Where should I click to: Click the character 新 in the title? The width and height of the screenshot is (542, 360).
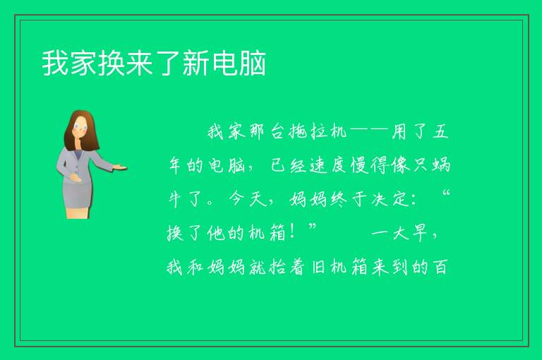click(x=196, y=63)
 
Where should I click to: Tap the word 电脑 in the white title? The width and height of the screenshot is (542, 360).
click(x=239, y=63)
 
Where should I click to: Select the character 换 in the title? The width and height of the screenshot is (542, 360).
click(x=111, y=63)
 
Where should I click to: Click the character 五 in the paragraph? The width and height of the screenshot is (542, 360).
click(x=440, y=131)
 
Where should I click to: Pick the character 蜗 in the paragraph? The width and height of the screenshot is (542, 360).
click(x=441, y=165)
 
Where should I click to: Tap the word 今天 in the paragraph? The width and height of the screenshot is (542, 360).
click(x=248, y=199)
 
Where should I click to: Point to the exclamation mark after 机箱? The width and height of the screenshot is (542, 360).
click(x=293, y=232)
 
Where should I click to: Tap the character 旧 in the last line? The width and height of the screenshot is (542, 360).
click(x=318, y=267)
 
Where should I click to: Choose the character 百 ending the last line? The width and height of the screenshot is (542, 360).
click(x=440, y=267)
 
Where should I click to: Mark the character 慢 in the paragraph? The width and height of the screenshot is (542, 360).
click(x=359, y=165)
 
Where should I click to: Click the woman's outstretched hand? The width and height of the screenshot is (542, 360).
click(x=120, y=167)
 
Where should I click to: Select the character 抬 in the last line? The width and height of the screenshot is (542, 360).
click(x=277, y=267)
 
